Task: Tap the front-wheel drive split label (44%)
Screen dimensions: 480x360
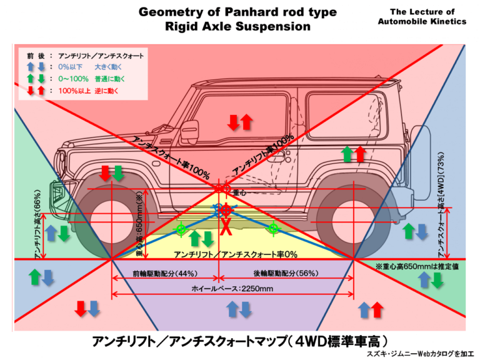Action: click(x=165, y=273)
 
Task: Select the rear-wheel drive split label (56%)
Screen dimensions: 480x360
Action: click(x=286, y=273)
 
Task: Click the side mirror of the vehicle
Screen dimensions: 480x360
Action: click(x=189, y=132)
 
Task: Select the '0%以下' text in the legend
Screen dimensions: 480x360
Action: click(x=70, y=67)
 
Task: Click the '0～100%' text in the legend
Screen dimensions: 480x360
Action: click(x=73, y=79)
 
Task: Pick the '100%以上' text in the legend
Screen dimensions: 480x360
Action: click(x=74, y=91)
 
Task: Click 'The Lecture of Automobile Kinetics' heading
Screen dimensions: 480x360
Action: click(x=422, y=16)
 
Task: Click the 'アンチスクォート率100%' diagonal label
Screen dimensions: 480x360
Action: click(x=171, y=157)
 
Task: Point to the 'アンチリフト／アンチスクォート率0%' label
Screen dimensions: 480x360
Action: click(x=236, y=254)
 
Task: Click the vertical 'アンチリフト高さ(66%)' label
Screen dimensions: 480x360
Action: click(x=38, y=224)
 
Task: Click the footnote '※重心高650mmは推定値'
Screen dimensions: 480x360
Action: click(x=417, y=266)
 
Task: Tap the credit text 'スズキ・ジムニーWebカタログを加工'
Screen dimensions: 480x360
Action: click(x=420, y=354)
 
